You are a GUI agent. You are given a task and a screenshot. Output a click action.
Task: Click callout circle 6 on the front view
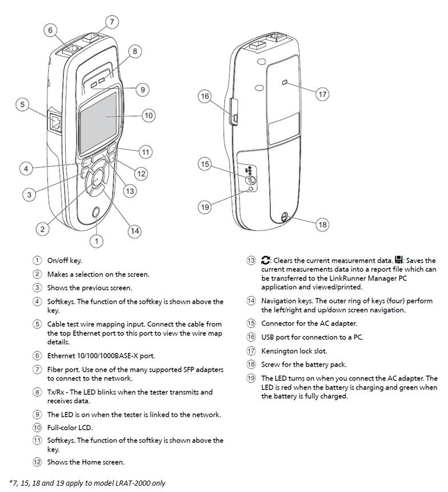[x=50, y=30]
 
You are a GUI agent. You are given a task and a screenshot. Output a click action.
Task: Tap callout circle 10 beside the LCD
[x=149, y=116]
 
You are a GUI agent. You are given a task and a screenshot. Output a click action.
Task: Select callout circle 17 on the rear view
[x=323, y=94]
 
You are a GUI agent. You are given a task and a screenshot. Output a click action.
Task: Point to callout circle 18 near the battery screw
[x=323, y=224]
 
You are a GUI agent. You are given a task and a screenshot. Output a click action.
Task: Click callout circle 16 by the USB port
[x=205, y=96]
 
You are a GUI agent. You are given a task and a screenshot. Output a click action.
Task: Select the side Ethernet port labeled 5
[x=55, y=122]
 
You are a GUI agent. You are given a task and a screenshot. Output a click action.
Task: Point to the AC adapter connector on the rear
[x=251, y=179]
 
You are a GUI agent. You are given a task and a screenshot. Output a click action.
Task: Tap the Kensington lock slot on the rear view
[x=285, y=84]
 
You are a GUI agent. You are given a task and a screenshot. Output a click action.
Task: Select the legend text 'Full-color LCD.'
[x=70, y=427]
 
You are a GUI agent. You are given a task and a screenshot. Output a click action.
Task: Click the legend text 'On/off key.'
[x=65, y=260]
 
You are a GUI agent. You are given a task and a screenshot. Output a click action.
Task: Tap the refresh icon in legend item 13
[x=266, y=260]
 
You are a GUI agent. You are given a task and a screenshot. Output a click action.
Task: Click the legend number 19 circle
[x=251, y=378]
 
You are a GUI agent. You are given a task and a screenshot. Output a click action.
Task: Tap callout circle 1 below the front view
[x=97, y=241]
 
